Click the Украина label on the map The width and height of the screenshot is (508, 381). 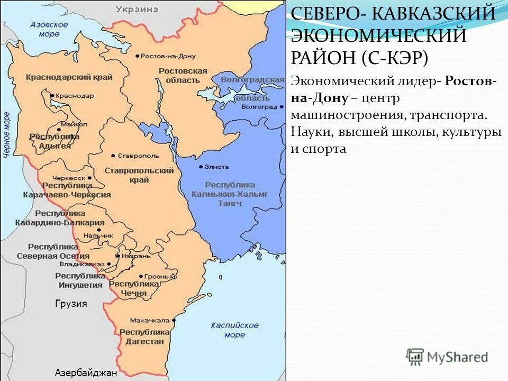coord(137,10)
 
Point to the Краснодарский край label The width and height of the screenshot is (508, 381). coord(69,77)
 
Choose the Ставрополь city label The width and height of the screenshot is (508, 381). coord(138,156)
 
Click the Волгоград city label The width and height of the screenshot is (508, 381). coord(259,106)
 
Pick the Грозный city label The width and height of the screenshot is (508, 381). coord(160,276)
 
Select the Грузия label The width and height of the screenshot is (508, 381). coord(70,304)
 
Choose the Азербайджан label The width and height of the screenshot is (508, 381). coord(85,373)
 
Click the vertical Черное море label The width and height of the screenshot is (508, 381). coord(7,134)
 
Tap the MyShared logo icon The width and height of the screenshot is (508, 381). coord(415,357)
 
